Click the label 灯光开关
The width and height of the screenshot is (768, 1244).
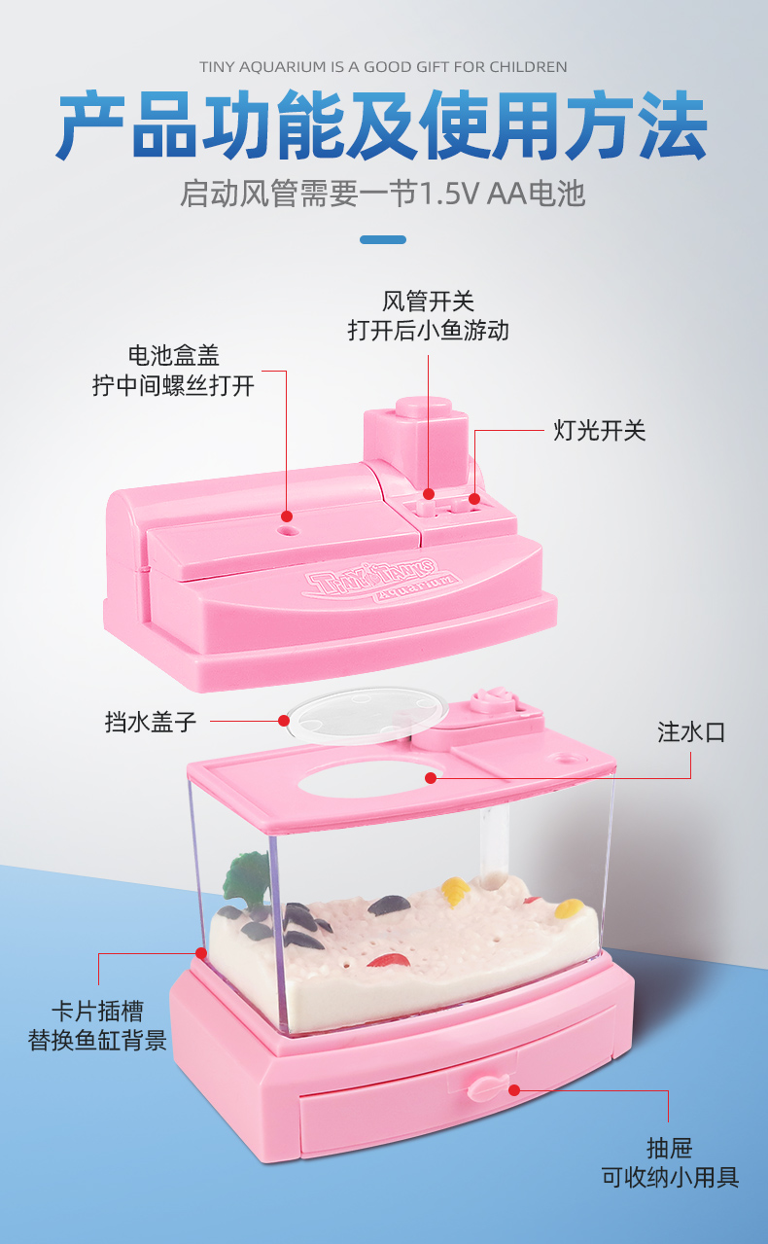[x=599, y=431]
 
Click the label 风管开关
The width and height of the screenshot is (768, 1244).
[x=428, y=302]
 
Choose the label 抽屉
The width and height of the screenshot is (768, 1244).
[x=669, y=1149]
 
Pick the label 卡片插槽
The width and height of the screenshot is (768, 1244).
[x=97, y=1011]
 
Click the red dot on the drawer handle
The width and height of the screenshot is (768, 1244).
[x=514, y=1090]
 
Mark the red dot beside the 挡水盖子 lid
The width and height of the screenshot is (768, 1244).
[x=284, y=721]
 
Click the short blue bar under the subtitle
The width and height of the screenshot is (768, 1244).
[x=383, y=239]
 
